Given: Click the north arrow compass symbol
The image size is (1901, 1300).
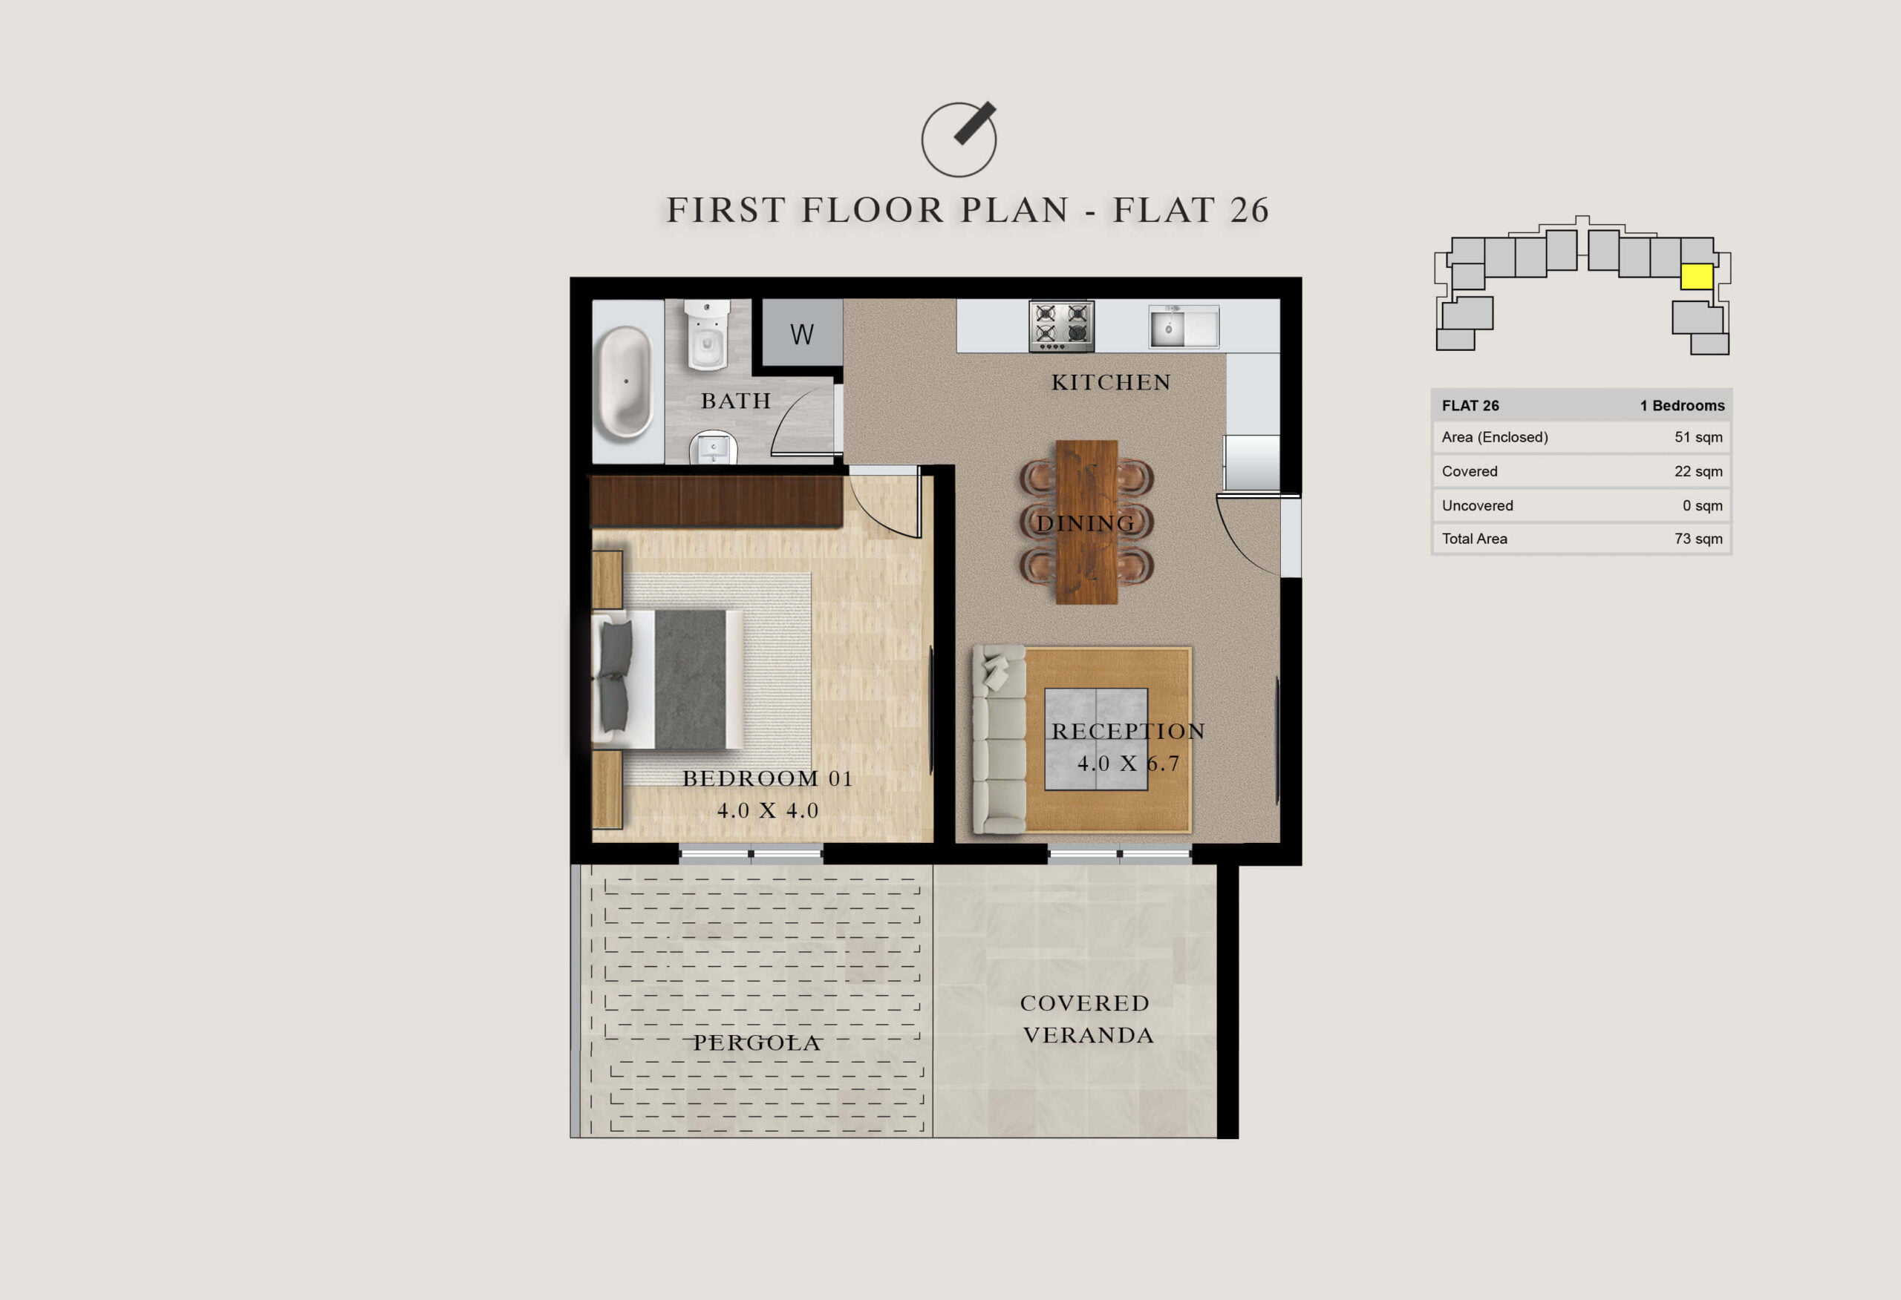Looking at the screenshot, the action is pos(959,139).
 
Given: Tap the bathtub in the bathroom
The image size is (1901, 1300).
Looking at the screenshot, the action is pos(626,382).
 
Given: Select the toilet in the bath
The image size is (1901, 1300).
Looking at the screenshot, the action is pos(707,335).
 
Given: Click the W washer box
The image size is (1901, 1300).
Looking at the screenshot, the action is pos(803,332).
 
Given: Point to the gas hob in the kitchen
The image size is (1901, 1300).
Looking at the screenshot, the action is pos(1061,326).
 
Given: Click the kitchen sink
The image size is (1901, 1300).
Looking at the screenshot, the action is pos(1184,327).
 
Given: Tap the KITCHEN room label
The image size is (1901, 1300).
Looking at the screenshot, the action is pos(1111,383).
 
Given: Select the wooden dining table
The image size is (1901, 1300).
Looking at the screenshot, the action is pos(1086,522).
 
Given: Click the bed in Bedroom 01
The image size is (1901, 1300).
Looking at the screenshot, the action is pos(668,680).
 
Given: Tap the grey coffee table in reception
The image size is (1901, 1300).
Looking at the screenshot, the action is pos(1096,739).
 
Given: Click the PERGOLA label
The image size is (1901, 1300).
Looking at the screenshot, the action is pos(757,1043).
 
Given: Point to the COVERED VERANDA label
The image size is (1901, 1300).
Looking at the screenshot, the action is pos(1087,1020).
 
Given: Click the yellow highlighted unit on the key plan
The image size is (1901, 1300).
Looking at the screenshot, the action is pos(1697,276).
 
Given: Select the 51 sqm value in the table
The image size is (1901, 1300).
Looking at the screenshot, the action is pos(1698,438).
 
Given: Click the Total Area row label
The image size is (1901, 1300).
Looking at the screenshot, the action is pos(1474,539).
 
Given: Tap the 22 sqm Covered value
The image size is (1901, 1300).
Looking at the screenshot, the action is pos(1698,472).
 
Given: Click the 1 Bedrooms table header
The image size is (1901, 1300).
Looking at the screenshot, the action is pos(1682,406).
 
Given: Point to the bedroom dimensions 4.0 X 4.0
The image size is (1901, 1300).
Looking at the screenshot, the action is pos(768,810).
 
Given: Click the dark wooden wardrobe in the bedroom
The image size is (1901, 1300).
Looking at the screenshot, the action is pos(717,501).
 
